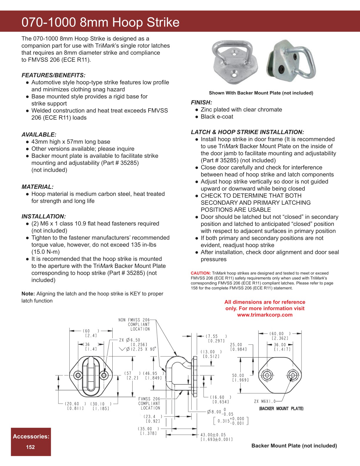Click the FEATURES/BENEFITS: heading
coord(54,75)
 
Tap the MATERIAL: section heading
coord(37,187)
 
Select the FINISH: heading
coord(201,102)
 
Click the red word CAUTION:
coord(201,273)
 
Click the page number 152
coord(31,447)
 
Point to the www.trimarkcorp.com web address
coord(265,315)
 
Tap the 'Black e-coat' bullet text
coord(217,117)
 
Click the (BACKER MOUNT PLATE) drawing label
coord(281,409)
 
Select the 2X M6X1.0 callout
coord(265,401)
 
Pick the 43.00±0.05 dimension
coord(213,435)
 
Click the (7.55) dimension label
coord(216,336)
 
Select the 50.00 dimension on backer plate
coord(238,375)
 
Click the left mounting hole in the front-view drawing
coord(78,375)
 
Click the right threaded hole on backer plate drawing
coord(292,375)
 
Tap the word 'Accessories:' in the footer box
coord(31,436)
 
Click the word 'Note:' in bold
coord(28,294)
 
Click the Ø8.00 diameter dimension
coord(214,412)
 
